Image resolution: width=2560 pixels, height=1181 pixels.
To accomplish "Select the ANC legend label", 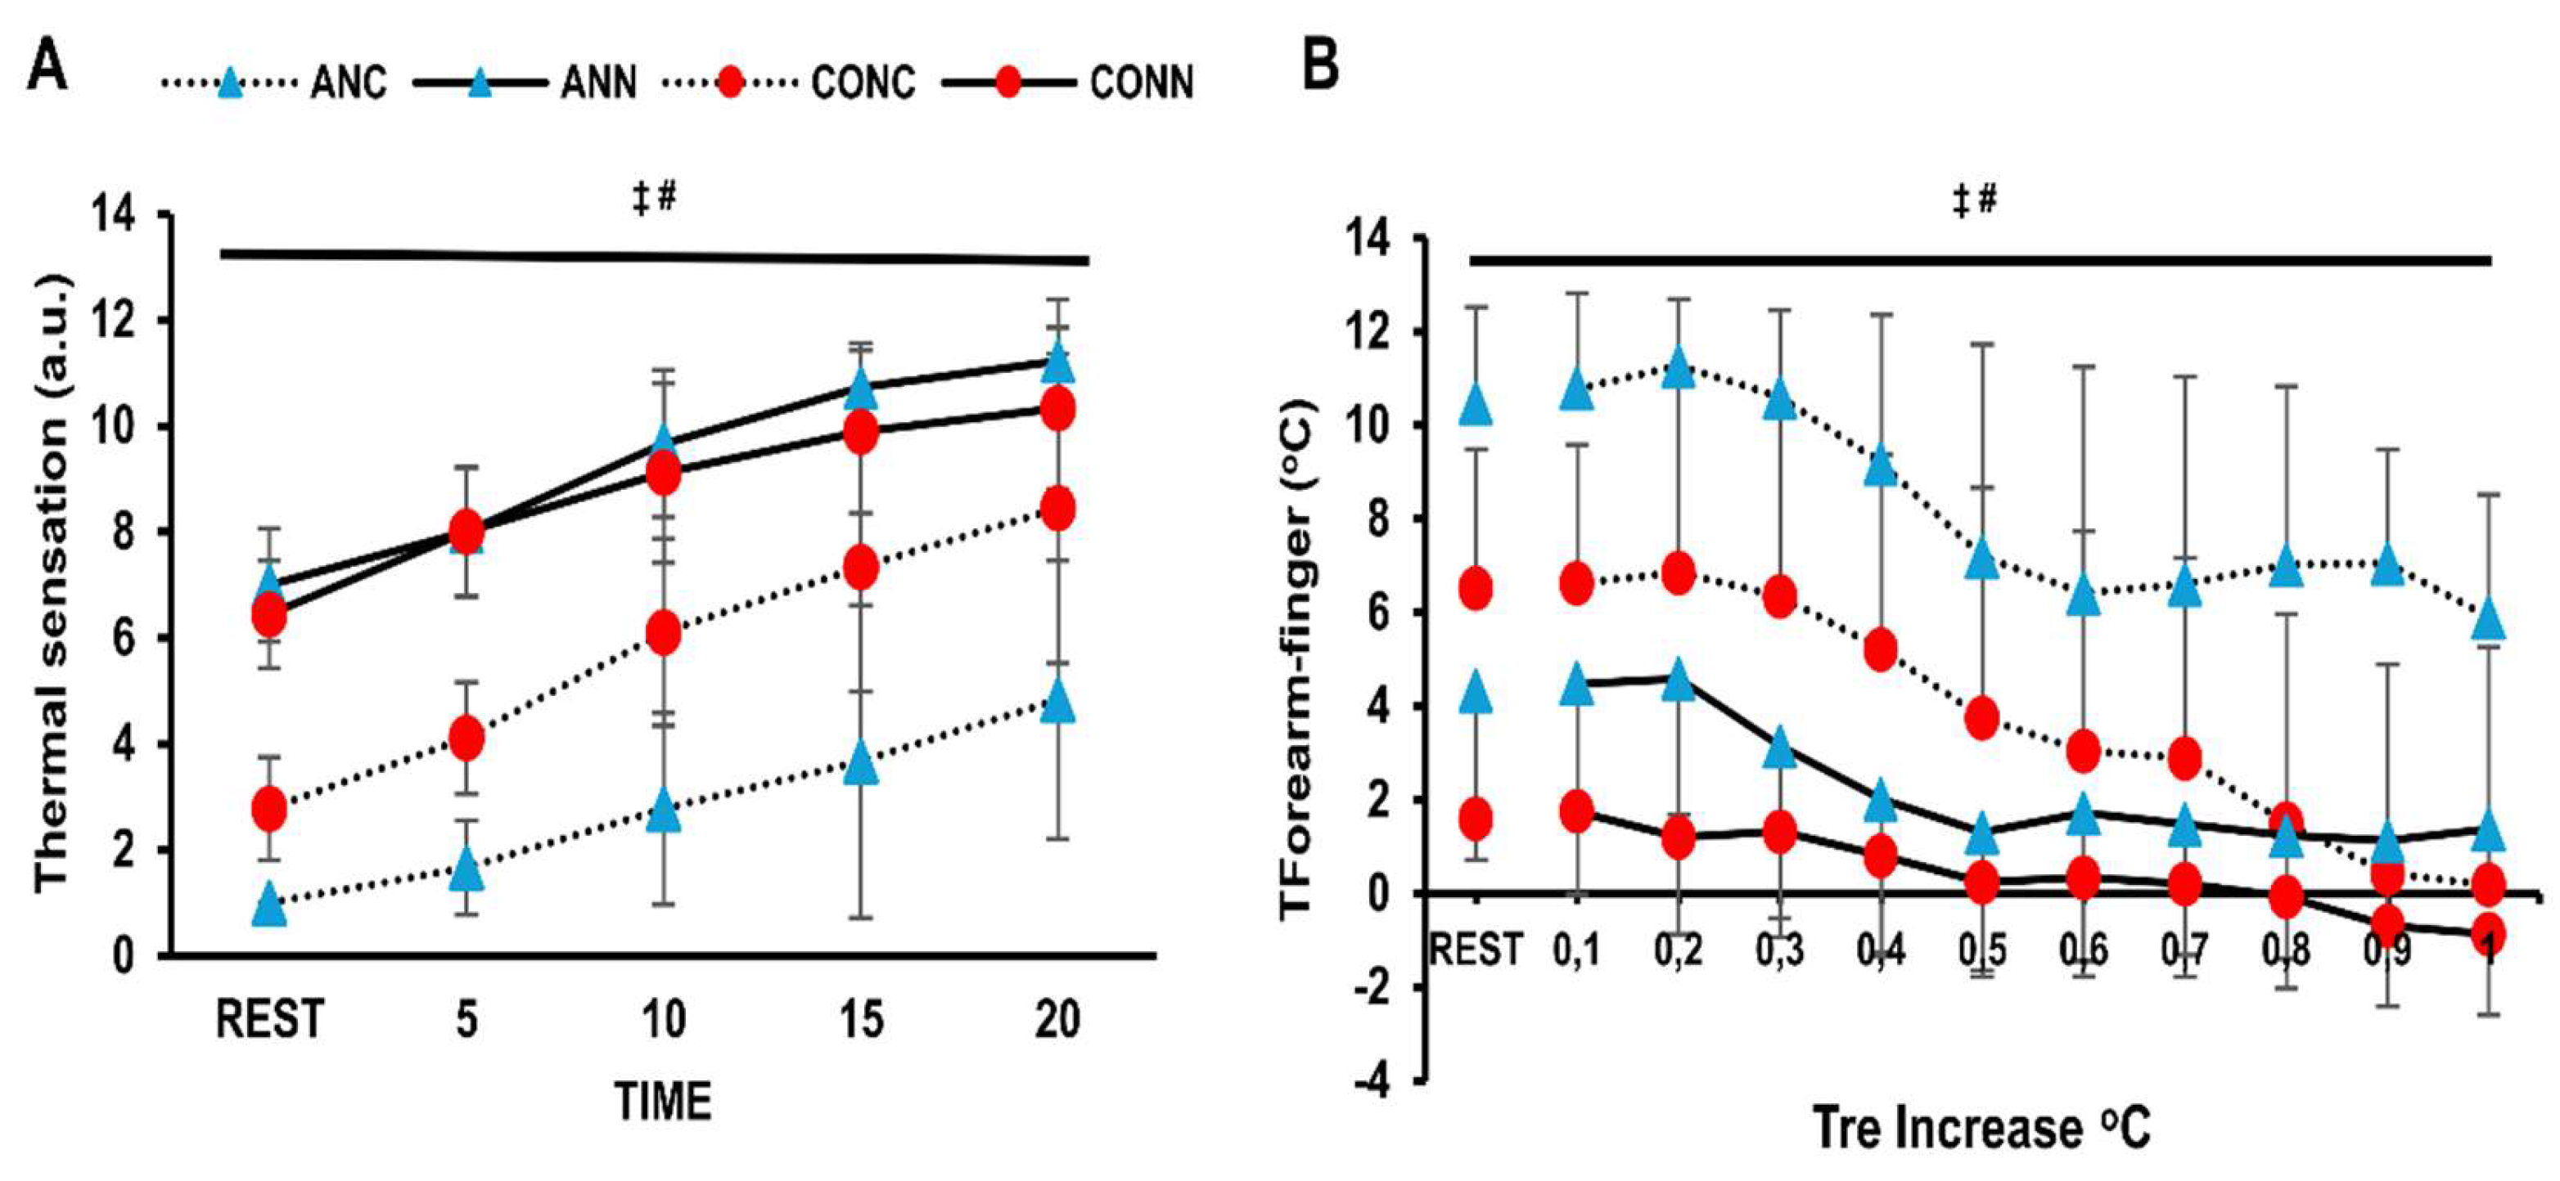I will coord(348,83).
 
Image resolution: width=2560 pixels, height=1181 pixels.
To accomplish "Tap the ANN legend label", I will coord(599,83).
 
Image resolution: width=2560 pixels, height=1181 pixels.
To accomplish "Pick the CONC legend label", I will coord(863,83).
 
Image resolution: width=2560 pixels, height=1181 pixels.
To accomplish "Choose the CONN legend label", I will coord(1142,83).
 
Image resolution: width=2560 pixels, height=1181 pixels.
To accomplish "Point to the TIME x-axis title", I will coord(663,1102).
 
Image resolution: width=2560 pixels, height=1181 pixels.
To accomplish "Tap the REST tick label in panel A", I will coord(270,1019).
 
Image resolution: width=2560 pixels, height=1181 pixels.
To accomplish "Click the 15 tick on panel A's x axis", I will coord(861,1019).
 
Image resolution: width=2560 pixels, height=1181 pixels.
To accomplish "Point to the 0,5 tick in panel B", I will coord(1981,950).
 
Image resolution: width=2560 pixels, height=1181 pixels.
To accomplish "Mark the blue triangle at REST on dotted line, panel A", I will coord(269,905).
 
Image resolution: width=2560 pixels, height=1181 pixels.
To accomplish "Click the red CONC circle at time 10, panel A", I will coord(663,633).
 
